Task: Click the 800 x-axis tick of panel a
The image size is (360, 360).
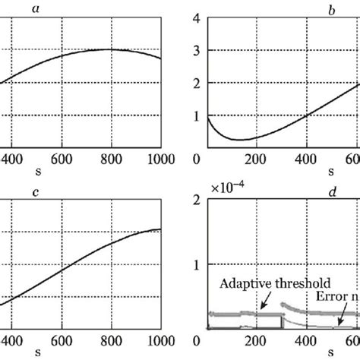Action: coord(111,159)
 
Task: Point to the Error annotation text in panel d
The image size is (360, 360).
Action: coord(334,298)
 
